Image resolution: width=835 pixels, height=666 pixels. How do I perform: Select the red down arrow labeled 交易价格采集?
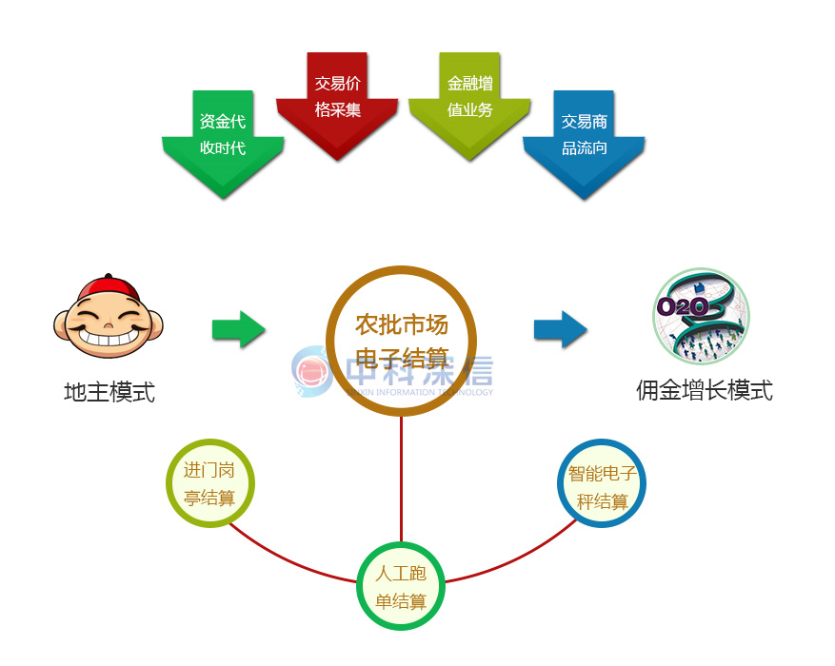(x=337, y=105)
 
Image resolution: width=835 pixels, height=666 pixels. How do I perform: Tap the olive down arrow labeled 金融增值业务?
(x=469, y=105)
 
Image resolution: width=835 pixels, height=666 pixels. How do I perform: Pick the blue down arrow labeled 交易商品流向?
(x=584, y=143)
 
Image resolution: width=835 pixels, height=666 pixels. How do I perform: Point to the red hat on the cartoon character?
(x=106, y=288)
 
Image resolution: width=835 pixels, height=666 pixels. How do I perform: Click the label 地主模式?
(x=109, y=391)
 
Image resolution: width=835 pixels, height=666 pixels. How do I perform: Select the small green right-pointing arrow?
(x=238, y=329)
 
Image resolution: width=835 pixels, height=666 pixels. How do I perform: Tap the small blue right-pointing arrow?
(x=560, y=329)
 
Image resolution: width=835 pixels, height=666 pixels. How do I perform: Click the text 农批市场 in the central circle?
(x=401, y=324)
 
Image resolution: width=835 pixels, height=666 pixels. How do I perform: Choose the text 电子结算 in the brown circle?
(x=401, y=359)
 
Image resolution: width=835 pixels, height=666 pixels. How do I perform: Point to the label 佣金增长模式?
(x=705, y=390)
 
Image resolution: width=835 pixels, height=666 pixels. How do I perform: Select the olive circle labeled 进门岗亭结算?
(x=209, y=483)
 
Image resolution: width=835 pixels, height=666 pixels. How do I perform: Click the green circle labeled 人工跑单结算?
(x=401, y=587)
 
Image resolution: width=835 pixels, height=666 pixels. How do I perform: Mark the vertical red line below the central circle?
(x=401, y=476)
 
